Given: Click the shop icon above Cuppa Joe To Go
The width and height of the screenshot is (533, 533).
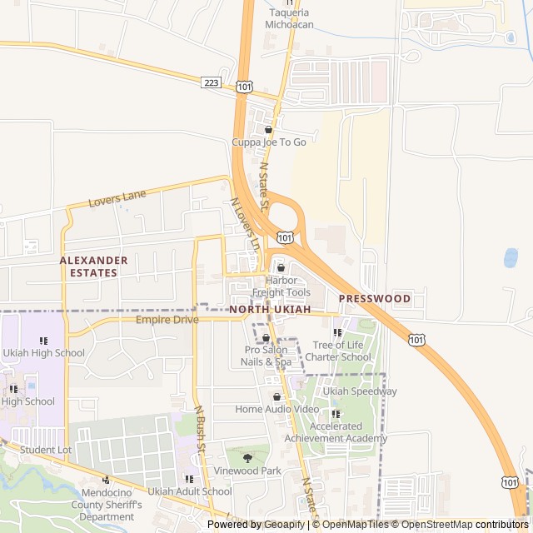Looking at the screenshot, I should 268,130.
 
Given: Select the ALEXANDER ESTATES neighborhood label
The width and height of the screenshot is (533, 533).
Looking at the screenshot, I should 94,266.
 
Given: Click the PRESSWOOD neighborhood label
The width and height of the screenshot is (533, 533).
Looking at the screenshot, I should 374,298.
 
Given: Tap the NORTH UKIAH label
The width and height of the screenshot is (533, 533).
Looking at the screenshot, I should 270,310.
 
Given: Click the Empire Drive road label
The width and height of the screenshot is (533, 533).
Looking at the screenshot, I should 167,320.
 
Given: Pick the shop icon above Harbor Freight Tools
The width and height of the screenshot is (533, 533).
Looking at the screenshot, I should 280,268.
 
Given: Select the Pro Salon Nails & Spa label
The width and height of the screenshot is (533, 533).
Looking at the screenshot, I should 266,356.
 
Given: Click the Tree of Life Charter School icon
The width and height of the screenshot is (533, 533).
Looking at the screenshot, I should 337,333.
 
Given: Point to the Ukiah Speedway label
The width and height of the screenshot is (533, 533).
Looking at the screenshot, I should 360,391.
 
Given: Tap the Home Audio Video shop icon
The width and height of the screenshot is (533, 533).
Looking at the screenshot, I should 276,397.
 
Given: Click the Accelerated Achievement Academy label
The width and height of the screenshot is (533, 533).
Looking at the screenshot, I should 336,432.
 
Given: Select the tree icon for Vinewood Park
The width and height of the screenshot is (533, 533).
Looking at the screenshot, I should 247,458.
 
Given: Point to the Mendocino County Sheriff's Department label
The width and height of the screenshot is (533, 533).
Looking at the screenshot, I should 107,505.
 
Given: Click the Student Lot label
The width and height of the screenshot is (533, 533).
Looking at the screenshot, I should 46,450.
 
